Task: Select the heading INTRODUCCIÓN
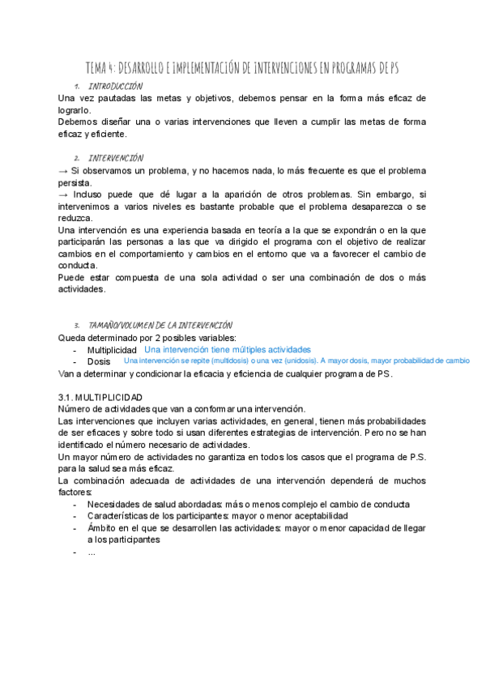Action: point(116,86)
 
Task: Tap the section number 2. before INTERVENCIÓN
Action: point(76,158)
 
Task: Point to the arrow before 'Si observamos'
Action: point(64,172)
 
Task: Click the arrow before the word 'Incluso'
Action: point(64,195)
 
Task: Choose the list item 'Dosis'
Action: point(99,362)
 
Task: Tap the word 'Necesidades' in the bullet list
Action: point(116,505)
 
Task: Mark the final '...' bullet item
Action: point(92,553)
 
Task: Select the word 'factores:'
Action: point(75,493)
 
